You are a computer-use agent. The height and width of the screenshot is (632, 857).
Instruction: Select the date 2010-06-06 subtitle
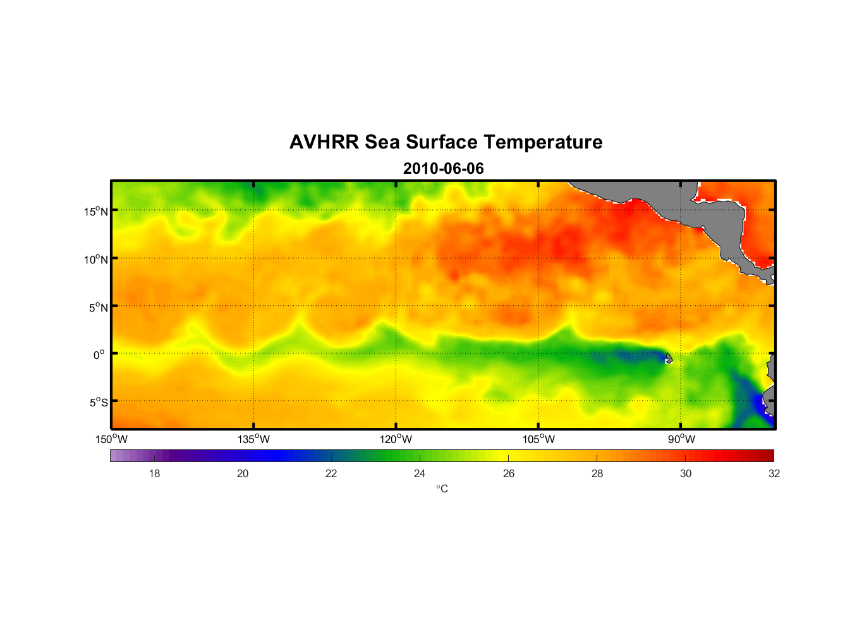(443, 169)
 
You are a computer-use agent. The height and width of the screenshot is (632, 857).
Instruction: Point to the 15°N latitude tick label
(96, 211)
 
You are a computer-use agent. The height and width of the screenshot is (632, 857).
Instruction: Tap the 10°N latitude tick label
(96, 259)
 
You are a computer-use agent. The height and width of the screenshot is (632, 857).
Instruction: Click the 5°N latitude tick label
(99, 307)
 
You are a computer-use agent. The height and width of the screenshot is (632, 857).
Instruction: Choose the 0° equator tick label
(99, 355)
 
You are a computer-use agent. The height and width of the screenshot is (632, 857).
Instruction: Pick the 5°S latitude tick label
(99, 403)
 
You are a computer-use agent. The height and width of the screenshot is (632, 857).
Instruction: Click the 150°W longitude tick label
(112, 439)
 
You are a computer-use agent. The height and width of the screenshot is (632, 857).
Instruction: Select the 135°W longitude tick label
(254, 439)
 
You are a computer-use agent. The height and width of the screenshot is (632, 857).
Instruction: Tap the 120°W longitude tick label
(396, 439)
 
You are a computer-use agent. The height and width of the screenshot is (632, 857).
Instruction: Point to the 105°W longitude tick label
(538, 439)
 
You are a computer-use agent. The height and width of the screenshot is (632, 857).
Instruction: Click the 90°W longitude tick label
(681, 439)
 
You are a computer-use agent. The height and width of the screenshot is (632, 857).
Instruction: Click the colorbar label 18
(154, 473)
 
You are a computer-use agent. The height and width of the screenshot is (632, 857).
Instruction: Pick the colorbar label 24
(420, 473)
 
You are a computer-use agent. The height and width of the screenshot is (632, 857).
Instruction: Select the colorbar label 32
(774, 473)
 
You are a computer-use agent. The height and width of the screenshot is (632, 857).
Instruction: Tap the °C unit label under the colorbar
(442, 489)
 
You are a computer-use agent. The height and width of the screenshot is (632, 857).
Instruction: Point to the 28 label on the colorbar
(597, 473)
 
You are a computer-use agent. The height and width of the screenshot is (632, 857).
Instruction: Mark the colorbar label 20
(243, 473)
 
